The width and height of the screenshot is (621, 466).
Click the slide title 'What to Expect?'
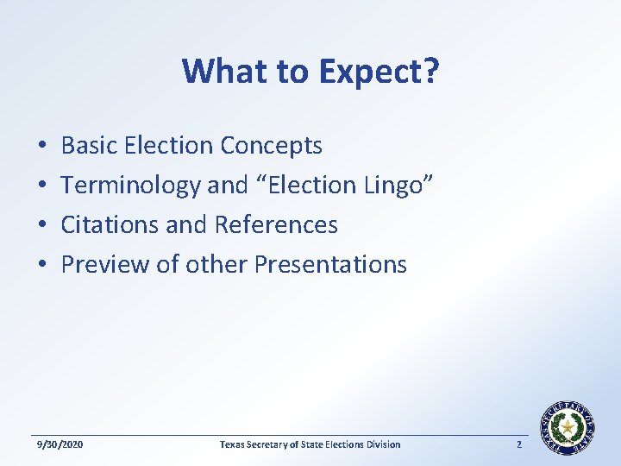310,72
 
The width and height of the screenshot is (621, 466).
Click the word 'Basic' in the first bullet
90,146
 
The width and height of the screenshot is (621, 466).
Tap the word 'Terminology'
130,186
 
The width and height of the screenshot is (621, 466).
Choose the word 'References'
276,225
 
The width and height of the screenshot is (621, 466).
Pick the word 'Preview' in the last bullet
105,264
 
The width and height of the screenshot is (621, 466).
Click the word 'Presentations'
329,264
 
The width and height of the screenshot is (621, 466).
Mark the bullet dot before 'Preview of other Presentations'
41,265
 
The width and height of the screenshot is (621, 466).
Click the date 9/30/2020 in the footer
60,444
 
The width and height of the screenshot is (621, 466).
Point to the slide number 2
519,444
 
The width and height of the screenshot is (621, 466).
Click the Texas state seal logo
567,427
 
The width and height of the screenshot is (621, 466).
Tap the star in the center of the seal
567,427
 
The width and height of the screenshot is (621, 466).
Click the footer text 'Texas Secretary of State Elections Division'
310,444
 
